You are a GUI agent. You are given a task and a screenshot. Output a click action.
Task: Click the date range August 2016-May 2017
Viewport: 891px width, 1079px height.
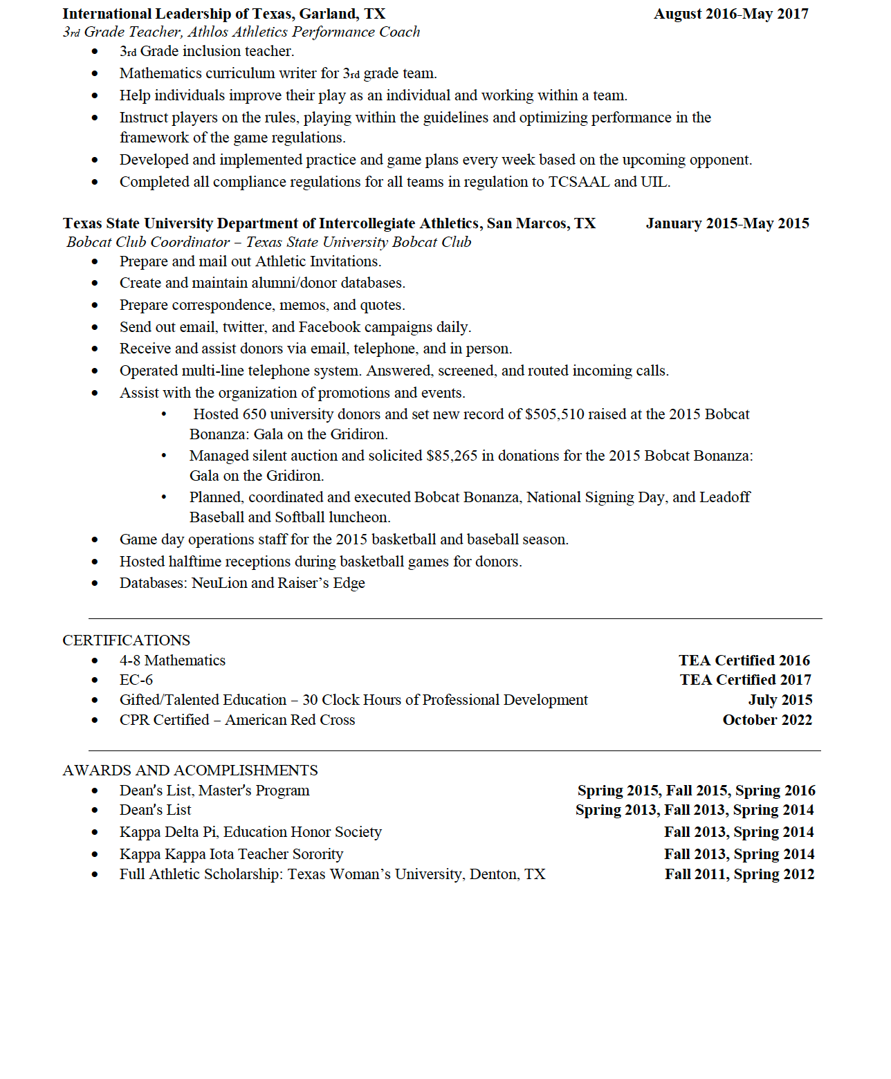tap(731, 14)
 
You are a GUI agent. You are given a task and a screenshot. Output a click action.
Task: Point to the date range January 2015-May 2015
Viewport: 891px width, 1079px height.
tap(727, 223)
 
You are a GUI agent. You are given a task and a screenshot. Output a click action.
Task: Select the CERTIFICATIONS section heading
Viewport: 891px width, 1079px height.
tap(126, 640)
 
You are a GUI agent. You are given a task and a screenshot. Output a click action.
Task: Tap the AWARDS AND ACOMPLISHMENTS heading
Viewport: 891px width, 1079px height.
tap(190, 771)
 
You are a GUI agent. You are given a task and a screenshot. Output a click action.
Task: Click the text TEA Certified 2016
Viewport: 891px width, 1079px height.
tap(744, 661)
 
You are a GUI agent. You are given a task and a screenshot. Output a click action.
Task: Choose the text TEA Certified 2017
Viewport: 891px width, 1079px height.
tap(745, 680)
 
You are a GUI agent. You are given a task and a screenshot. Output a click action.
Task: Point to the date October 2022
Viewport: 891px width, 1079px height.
tap(767, 720)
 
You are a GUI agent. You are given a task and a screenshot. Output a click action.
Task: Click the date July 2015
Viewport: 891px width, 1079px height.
tap(780, 700)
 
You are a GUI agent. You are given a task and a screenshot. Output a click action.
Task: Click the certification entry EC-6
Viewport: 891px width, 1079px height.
tap(136, 680)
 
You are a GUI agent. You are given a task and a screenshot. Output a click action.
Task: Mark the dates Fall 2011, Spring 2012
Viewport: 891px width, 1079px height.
tap(740, 874)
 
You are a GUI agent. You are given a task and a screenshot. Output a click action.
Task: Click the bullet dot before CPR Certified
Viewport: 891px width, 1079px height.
tap(95, 720)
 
